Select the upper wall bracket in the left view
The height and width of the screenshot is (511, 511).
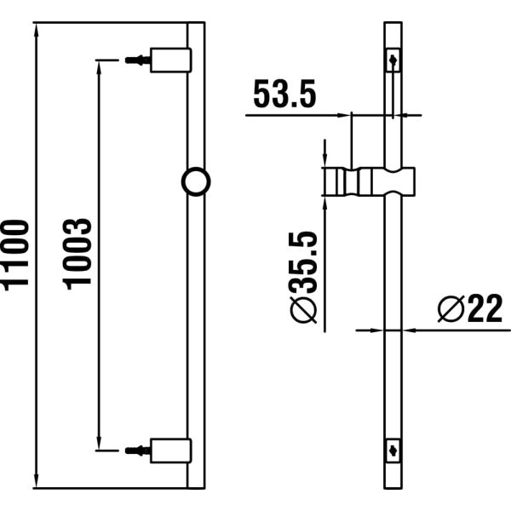tap(169, 60)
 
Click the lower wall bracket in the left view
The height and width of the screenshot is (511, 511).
tap(169, 448)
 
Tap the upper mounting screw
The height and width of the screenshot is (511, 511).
tap(135, 60)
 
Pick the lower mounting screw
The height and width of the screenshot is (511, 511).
tap(135, 448)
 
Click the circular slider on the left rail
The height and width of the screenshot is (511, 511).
tap(197, 181)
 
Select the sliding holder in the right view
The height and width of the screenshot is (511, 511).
tap(371, 182)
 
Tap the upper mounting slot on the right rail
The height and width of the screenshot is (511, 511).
tap(393, 61)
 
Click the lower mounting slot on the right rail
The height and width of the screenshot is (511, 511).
tap(393, 447)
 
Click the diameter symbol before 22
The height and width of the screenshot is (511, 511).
tap(450, 308)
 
